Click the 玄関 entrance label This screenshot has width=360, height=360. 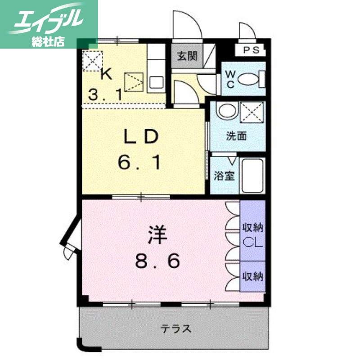[x=186, y=56]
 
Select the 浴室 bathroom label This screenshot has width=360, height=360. [x=224, y=175]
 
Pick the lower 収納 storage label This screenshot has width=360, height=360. [x=252, y=276]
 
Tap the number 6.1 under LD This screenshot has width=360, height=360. [x=139, y=162]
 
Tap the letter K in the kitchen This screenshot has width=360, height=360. [x=106, y=74]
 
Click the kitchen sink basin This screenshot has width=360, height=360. [x=156, y=83]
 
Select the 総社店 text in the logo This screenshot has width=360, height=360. [x=48, y=42]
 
